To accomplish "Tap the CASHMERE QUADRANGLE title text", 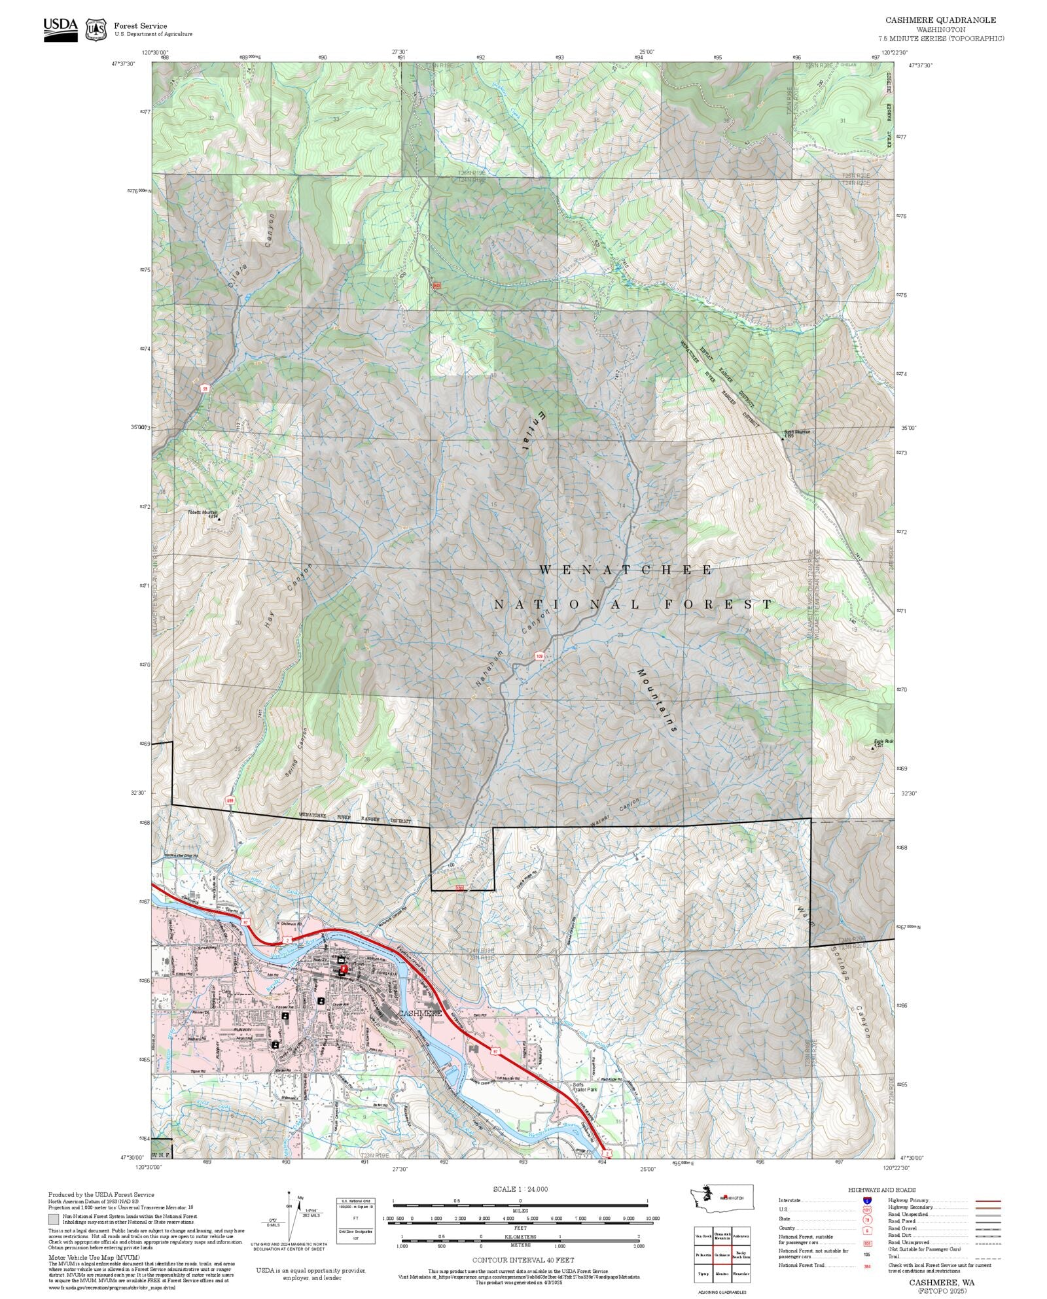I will tap(940, 20).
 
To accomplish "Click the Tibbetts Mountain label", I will tap(202, 513).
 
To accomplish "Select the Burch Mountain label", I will tap(796, 432).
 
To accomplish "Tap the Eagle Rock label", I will tap(883, 742).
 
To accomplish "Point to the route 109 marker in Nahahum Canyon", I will tap(539, 656).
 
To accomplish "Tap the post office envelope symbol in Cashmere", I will tap(341, 960).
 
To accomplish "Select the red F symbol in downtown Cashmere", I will tap(344, 968).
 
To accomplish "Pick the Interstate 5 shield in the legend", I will tap(867, 1201).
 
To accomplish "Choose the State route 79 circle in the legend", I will tap(867, 1219).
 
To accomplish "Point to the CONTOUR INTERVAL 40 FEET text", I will tap(523, 1260).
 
